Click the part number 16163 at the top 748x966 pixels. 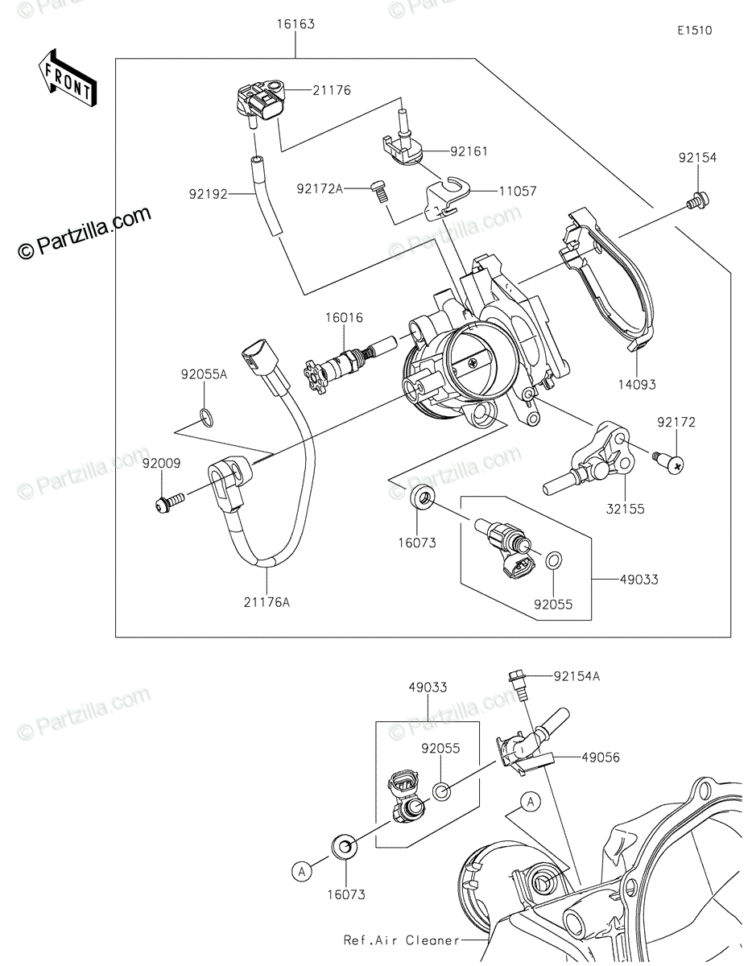[295, 24]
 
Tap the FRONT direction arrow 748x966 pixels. [67, 79]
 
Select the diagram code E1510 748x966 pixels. [695, 31]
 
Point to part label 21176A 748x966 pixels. [267, 602]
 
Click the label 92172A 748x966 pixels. [320, 189]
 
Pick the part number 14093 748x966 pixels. [637, 385]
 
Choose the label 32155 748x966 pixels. [625, 509]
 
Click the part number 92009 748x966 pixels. [161, 463]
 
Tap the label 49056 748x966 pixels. [601, 758]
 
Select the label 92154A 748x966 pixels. [576, 676]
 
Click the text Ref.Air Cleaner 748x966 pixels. [401, 940]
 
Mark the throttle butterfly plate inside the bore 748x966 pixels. [472, 364]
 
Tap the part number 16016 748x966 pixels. [344, 318]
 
